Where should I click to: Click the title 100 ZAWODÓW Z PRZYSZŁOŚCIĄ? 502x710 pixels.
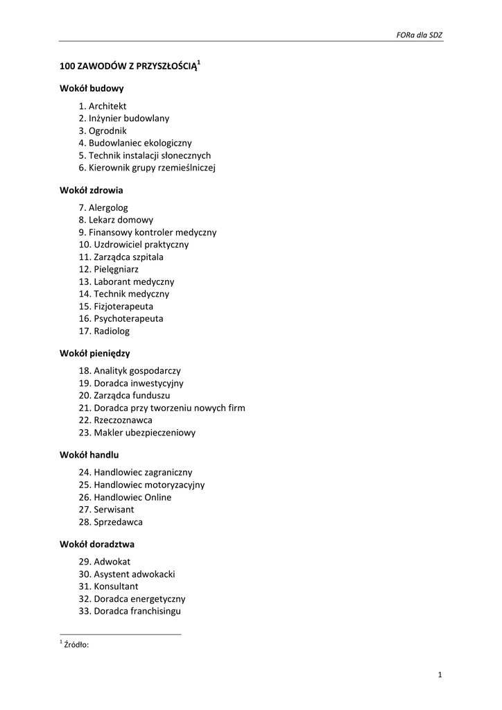(x=128, y=67)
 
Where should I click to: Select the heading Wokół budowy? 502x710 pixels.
(x=92, y=89)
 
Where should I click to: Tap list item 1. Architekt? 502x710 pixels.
(x=103, y=106)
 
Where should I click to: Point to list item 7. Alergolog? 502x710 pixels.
(x=103, y=207)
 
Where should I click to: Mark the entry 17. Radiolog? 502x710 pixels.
(x=104, y=331)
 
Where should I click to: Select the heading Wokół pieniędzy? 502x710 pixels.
(x=95, y=353)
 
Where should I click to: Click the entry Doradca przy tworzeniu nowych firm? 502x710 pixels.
(x=162, y=408)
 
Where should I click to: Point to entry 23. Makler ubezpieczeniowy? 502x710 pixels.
(x=137, y=433)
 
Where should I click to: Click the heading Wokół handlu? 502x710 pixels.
(x=89, y=455)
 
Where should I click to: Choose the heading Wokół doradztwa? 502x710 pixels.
(x=96, y=544)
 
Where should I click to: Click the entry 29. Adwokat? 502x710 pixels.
(x=105, y=562)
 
